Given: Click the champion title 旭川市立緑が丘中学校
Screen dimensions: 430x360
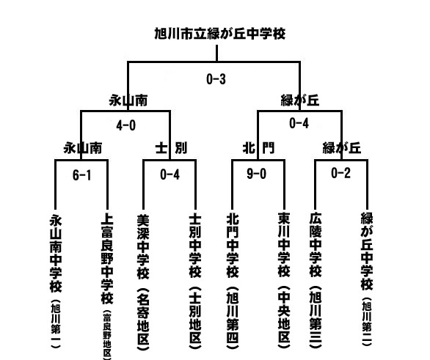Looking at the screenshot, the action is point(220,34).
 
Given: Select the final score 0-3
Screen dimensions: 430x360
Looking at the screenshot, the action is point(216,79).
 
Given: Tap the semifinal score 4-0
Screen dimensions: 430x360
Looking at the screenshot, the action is point(126,125).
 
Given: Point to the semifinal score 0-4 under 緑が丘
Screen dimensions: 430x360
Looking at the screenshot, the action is point(299,123).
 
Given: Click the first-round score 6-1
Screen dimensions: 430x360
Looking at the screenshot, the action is point(81,175).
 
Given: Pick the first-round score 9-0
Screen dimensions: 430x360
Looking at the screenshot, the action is point(256,174).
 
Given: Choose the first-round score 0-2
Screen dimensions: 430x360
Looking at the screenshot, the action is point(341,173).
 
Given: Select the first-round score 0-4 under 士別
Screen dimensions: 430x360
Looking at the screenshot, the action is point(170,175).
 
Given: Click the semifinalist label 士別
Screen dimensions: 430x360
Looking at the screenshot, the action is point(171,148).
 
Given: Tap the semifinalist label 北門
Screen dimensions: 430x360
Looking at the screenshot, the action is point(258,148).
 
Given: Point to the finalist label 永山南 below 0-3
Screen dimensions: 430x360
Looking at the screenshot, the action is point(128,100).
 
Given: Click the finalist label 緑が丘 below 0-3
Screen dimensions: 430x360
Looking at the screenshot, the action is point(300,100).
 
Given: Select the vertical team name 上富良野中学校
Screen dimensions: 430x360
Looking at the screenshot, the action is point(107,259).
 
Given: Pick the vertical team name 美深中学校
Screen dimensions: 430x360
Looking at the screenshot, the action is point(143,246).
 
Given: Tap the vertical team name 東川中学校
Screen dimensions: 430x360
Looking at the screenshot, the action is point(284,245).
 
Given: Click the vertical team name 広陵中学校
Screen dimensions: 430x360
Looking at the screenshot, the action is point(316,245).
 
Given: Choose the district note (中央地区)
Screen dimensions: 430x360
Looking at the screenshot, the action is point(284,317).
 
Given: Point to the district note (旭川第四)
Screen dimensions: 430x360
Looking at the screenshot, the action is point(233,317).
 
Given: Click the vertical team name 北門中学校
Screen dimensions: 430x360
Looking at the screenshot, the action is point(233,246).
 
